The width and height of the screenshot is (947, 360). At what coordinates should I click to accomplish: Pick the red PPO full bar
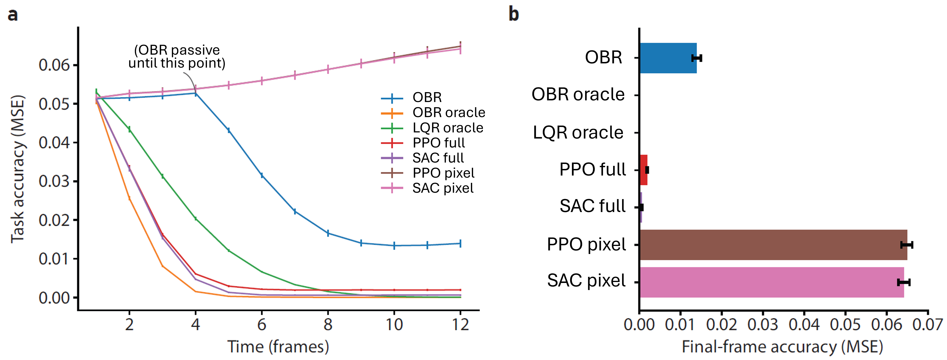[x=643, y=170]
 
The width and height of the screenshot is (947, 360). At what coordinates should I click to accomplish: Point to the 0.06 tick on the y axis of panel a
[x=54, y=65]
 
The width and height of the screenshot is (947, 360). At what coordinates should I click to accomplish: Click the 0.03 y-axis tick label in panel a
[x=54, y=181]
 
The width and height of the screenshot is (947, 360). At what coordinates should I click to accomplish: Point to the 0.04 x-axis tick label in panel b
[x=804, y=325]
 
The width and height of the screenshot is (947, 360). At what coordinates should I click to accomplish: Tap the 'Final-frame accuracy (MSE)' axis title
[x=782, y=346]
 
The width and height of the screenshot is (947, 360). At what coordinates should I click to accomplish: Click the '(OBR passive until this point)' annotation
[x=177, y=56]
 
